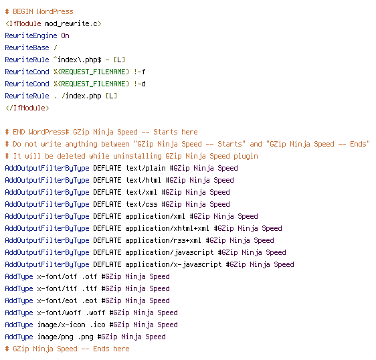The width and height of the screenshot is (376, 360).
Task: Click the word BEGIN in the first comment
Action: tap(23, 11)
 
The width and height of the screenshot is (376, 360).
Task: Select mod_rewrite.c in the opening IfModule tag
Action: tap(71, 23)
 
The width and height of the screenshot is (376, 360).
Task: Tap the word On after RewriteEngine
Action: tap(65, 35)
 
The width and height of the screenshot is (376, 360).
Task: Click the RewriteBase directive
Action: tap(27, 48)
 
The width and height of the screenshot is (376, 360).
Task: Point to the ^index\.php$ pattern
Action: tap(77, 60)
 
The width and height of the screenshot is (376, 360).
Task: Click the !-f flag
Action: tap(140, 72)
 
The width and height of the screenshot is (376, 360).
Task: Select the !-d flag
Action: tap(140, 84)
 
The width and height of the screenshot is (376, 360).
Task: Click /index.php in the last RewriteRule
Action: tap(82, 96)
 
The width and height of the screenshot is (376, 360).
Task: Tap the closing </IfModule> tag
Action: tap(27, 108)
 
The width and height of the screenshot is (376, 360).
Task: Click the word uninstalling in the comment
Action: tap(137, 156)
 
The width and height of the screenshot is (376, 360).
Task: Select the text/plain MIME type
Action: tap(146, 168)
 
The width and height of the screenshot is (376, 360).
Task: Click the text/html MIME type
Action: tap(143, 180)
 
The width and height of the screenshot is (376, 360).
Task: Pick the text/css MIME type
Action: tap(141, 204)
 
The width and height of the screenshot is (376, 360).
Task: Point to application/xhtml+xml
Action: tap(167, 228)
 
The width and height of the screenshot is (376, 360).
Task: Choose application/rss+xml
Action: tap(163, 240)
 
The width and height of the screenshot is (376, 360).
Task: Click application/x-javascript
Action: tap(173, 264)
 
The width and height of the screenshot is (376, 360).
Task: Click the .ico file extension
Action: tap(98, 325)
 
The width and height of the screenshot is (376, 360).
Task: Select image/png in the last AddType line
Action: tap(55, 337)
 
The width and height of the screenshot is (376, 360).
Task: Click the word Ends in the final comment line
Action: tap(102, 349)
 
